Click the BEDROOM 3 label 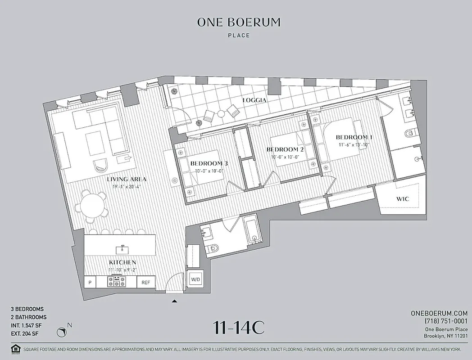click(x=209, y=163)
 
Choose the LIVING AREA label click(x=127, y=179)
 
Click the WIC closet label click(x=402, y=198)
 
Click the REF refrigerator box click(x=146, y=282)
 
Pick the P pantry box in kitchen click(x=90, y=282)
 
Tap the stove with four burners click(x=117, y=282)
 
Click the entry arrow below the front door click(x=175, y=301)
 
